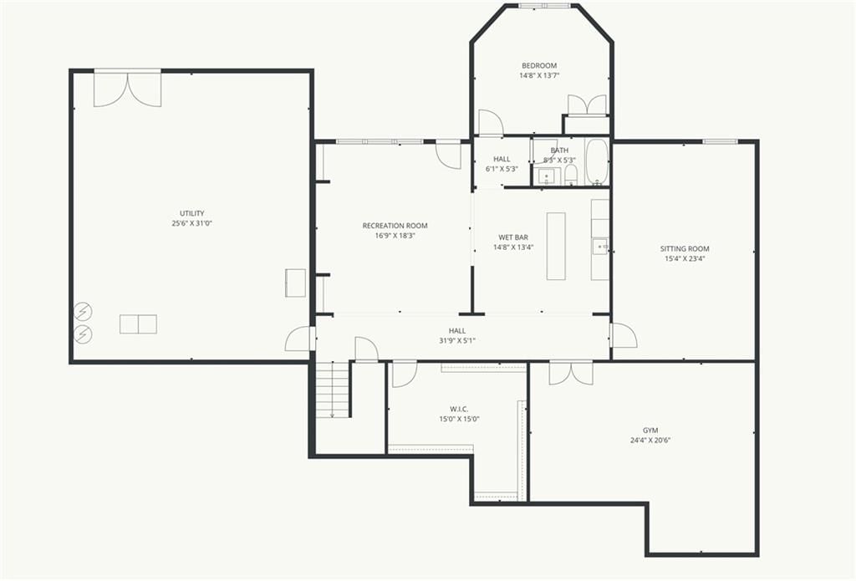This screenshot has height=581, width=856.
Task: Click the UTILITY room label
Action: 191,213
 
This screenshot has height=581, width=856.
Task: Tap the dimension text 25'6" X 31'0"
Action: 191,223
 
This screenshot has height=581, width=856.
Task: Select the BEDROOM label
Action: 539,66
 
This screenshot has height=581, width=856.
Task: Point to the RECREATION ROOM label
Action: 395,226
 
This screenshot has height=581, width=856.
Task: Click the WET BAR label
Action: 513,237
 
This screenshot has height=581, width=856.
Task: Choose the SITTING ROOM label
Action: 685,249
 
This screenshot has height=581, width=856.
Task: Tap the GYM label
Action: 650,431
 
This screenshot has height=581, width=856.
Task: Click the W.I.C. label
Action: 459,409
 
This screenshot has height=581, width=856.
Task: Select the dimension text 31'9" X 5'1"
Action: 457,341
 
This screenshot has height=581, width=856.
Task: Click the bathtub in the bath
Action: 597,162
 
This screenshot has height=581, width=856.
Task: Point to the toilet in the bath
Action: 570,176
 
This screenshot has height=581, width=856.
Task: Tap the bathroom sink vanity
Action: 547,176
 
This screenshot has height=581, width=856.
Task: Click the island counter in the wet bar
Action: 556,247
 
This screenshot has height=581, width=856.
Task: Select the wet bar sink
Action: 600,247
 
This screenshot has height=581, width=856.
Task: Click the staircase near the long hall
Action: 333,390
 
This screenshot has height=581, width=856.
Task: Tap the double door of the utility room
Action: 128,88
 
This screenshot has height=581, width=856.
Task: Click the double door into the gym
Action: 571,372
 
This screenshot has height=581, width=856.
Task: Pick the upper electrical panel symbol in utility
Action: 84,312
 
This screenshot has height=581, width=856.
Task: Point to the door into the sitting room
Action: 624,334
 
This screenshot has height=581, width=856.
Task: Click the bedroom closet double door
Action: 588,105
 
